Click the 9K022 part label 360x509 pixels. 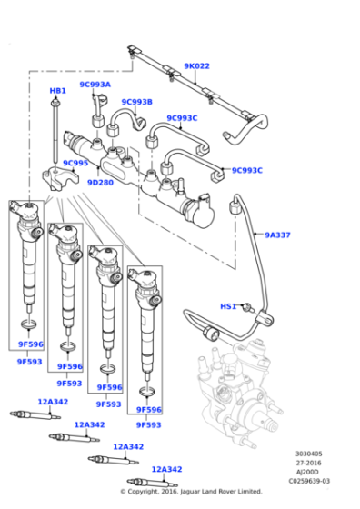(x=196, y=66)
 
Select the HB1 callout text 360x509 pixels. (x=57, y=92)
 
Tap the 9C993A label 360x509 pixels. (x=95, y=85)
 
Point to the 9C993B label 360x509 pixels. (x=136, y=102)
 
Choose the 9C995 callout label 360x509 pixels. (x=75, y=164)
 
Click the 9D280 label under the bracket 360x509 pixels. (x=100, y=183)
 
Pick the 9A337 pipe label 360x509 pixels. (x=277, y=235)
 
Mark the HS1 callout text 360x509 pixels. (x=228, y=306)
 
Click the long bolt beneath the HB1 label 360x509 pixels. (x=57, y=132)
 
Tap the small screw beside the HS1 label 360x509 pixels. (x=245, y=307)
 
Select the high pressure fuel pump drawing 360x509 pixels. (x=236, y=400)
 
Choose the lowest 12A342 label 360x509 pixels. (x=167, y=470)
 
